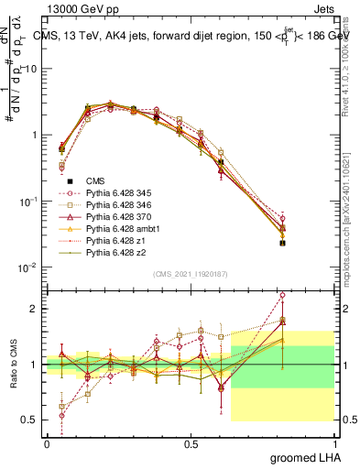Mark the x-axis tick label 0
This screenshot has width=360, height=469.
point(47,443)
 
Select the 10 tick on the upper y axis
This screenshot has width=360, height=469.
point(33,69)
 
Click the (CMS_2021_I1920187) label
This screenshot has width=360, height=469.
point(190,274)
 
